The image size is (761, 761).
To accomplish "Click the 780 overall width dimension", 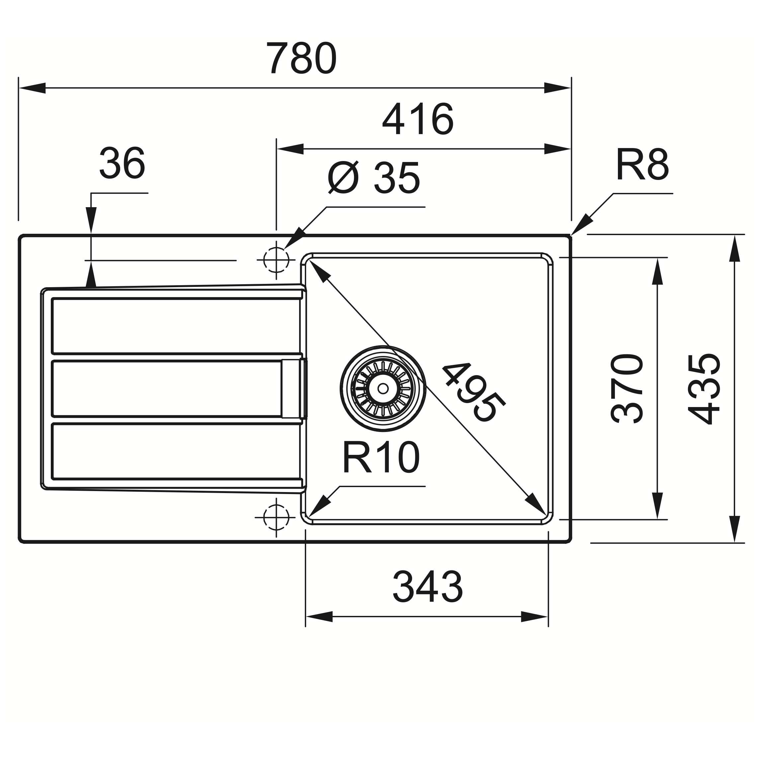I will [x=301, y=58].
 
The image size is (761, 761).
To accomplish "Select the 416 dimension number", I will [x=418, y=119].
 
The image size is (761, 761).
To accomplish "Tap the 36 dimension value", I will [x=122, y=163].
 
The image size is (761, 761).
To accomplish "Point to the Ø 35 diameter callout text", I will [x=374, y=178].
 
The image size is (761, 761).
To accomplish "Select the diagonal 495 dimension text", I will [x=473, y=392].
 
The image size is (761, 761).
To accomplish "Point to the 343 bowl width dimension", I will [x=427, y=586].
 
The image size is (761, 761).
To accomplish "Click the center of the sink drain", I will [x=383, y=388].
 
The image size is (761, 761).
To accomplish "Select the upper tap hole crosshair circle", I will [x=276, y=260].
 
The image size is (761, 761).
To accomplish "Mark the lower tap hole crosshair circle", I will [x=276, y=517].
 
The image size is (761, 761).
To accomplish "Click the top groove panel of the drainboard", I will [x=176, y=326].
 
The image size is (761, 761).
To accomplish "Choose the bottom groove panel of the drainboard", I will [x=176, y=451].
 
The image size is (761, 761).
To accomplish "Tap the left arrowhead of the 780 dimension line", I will [x=32, y=88].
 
